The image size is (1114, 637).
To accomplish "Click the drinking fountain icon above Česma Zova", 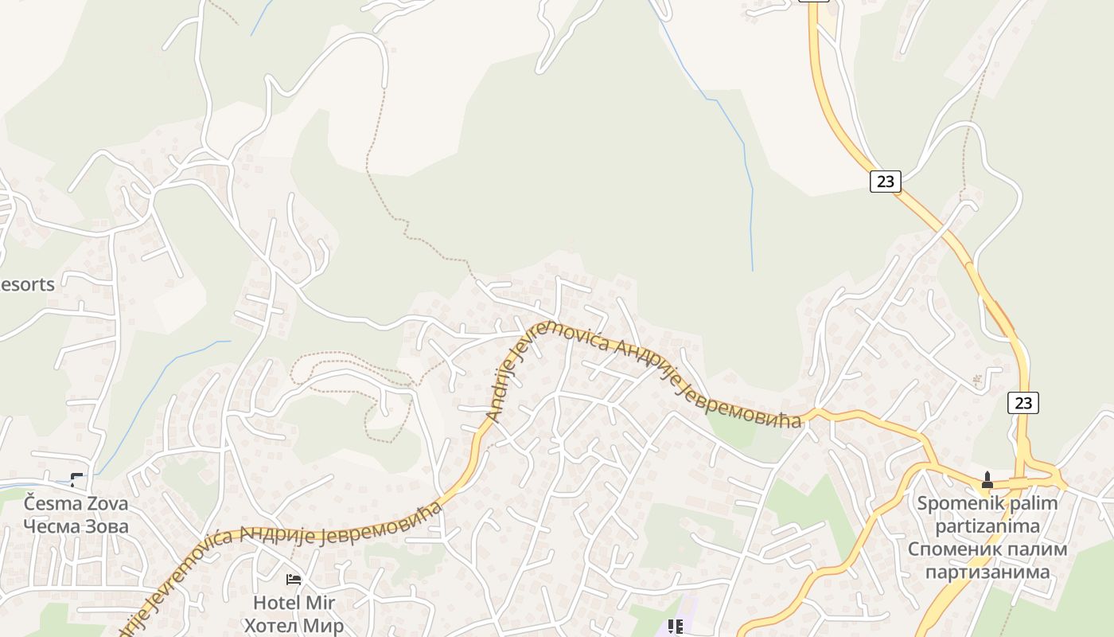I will click(x=76, y=479).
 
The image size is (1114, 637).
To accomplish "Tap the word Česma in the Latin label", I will click(x=49, y=504).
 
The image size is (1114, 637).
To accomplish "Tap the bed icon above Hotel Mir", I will click(x=294, y=579).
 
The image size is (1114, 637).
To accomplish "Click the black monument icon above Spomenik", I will click(x=987, y=479).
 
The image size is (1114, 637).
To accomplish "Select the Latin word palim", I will click(x=1032, y=504).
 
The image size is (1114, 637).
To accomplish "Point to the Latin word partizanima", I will click(x=987, y=526).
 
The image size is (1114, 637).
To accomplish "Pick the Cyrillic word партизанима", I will click(x=987, y=572).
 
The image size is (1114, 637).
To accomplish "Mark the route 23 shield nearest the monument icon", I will click(x=1023, y=403).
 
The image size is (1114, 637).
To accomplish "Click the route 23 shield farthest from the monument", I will click(x=884, y=182).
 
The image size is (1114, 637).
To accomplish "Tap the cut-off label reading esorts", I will click(x=27, y=284).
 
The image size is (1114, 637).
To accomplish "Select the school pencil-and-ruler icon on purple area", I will click(x=676, y=627).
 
